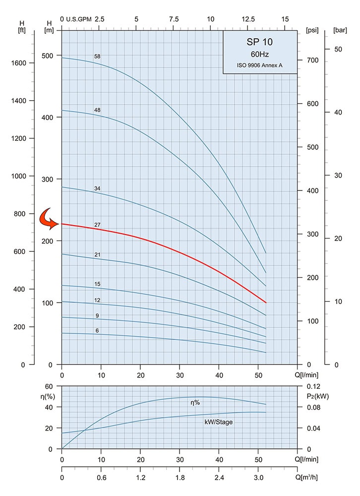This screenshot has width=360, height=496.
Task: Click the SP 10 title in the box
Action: point(260,42)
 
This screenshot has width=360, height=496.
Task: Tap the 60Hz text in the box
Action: point(260,54)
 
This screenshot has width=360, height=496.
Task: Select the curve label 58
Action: point(97,56)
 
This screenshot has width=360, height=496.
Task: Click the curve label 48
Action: point(97,109)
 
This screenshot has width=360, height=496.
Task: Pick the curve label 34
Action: point(97,188)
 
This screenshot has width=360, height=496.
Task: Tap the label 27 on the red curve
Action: point(98,225)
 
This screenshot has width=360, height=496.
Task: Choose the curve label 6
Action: point(98,331)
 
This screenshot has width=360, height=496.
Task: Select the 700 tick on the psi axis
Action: point(312,61)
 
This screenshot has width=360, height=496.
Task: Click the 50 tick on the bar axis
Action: point(339,49)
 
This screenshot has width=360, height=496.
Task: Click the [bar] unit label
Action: point(340,30)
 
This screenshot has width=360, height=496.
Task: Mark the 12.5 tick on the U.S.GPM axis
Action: point(248,19)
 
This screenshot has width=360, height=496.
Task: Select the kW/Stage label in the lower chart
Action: point(219,422)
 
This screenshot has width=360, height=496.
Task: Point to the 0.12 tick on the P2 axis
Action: point(313,386)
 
